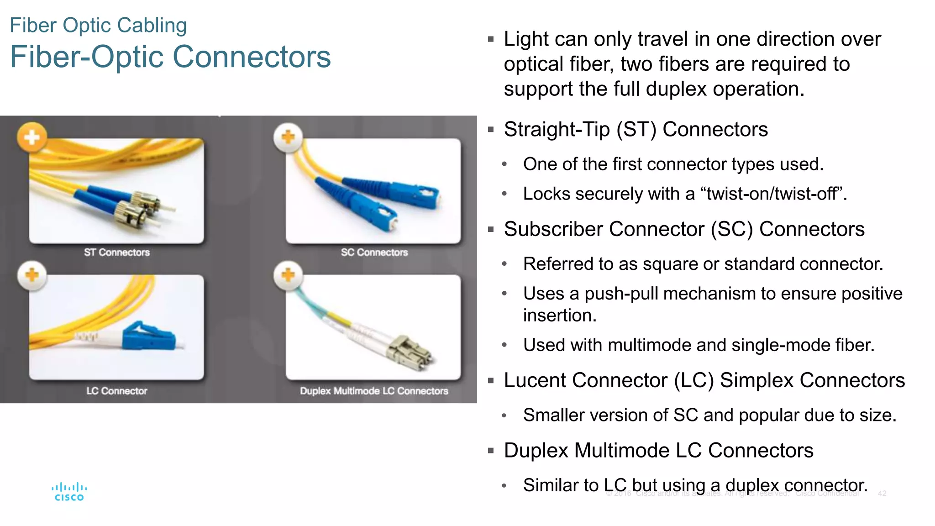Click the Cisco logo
coord(69,492)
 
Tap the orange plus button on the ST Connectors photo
coord(32,137)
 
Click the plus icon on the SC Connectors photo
coord(288,137)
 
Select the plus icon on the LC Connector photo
coord(32,275)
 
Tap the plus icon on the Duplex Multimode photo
coord(288,275)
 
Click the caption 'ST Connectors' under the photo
coord(117,252)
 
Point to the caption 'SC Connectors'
coord(374,252)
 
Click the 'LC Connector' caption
coord(117,391)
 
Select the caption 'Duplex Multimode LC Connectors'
coord(374,391)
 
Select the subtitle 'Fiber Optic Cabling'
coord(98,25)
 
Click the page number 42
coord(882,494)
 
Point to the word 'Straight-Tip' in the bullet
coord(557,130)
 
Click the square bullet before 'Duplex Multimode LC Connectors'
coord(491,451)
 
